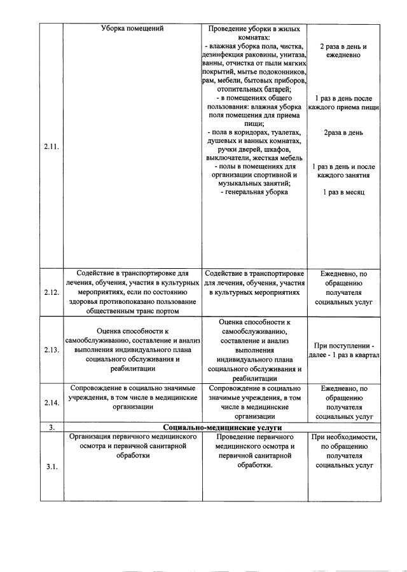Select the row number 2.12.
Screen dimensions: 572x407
(52, 292)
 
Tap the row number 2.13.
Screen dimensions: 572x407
(52, 350)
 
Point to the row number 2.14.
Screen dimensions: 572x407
(52, 402)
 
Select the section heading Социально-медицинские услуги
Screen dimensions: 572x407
(222, 428)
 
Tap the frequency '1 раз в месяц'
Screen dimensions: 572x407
(343, 192)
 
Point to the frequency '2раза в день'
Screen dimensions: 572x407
(343, 133)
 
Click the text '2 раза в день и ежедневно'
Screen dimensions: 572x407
(343, 51)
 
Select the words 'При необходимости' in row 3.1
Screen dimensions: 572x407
(344, 437)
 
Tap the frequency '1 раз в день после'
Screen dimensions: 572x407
(343, 99)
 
